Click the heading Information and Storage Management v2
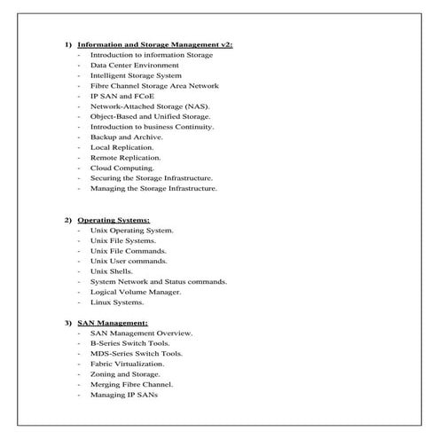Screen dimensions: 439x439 155,44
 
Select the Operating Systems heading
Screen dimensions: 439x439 114,219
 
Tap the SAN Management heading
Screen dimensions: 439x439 113,323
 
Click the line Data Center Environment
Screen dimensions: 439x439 134,65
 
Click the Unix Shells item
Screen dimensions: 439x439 112,271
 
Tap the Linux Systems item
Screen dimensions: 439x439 116,302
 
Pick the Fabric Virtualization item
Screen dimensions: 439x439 127,364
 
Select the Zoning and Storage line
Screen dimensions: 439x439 126,374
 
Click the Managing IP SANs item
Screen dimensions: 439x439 123,395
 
